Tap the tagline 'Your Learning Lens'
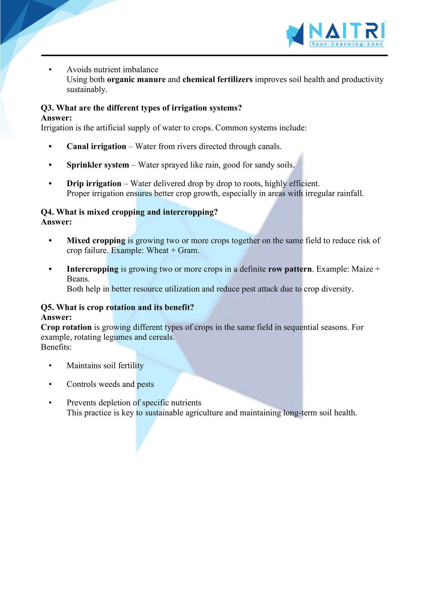(346, 44)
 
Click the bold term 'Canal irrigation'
(96, 146)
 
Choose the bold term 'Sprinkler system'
(98, 165)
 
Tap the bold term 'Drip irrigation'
(94, 184)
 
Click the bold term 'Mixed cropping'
(96, 240)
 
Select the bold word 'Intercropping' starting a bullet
(92, 269)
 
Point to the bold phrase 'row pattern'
(290, 269)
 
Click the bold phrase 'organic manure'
(136, 79)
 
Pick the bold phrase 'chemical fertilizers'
(217, 79)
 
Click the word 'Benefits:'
(56, 347)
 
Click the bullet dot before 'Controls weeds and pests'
(50, 384)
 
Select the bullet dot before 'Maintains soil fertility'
(50, 366)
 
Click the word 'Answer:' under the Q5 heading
(56, 317)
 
